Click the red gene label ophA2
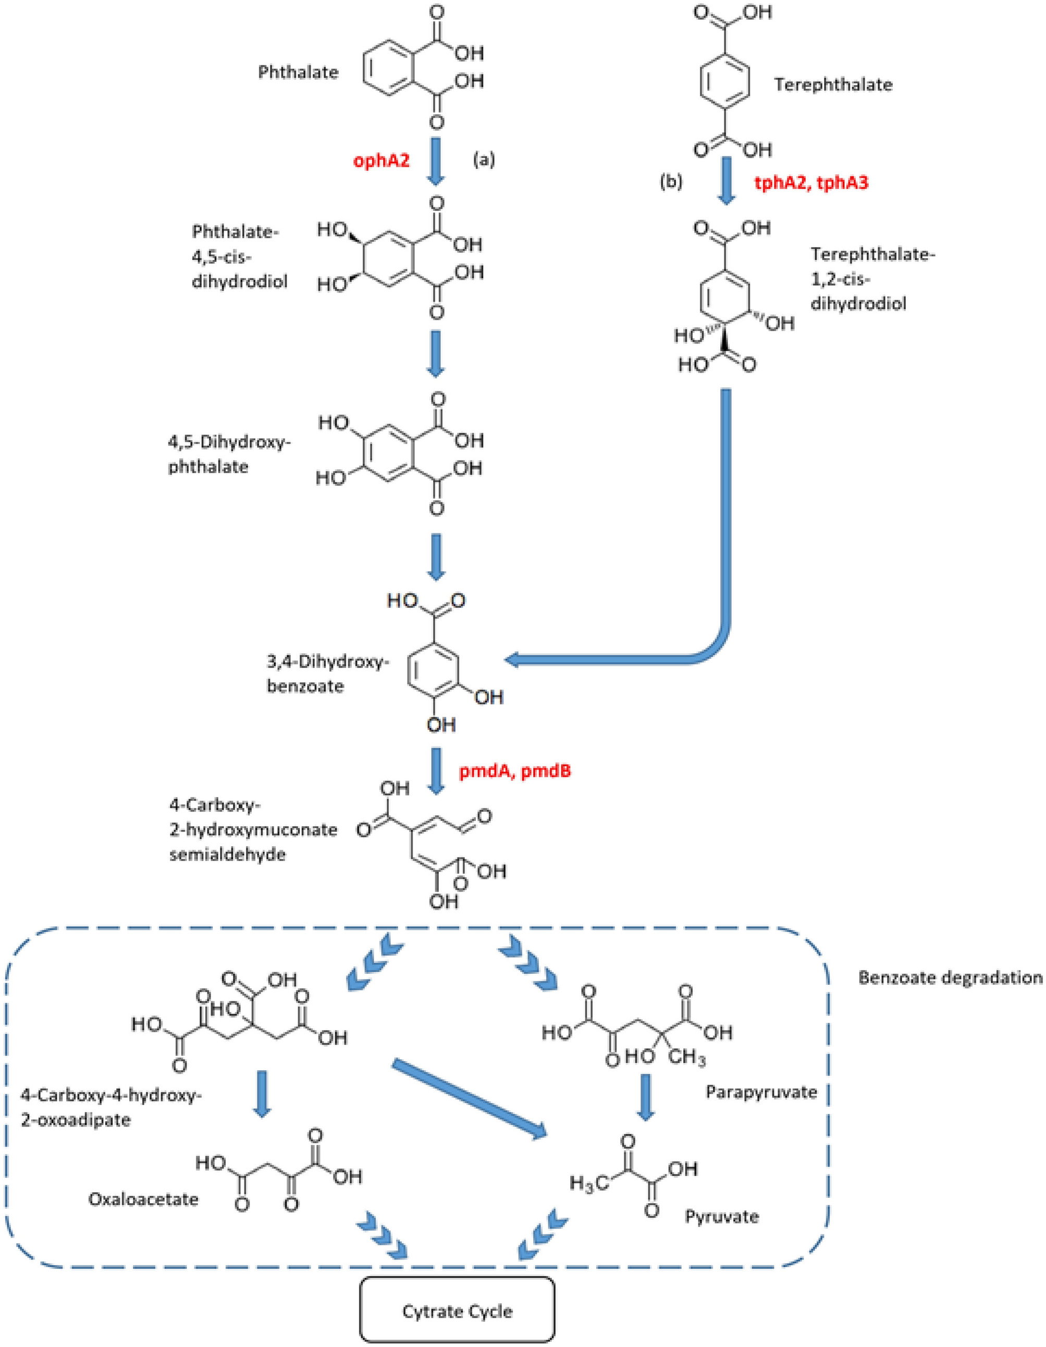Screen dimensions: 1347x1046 point(381,161)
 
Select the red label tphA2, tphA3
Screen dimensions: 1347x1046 point(811,182)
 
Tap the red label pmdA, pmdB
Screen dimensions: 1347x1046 point(515,771)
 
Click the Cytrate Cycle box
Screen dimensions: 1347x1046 point(457,1311)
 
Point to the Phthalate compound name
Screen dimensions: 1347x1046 point(299,72)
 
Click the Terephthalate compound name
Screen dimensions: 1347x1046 point(833,84)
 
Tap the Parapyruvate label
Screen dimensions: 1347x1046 point(761,1092)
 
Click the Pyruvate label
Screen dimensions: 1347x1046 point(722,1216)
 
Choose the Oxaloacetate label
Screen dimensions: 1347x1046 point(144,1199)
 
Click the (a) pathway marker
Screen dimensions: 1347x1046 point(484,161)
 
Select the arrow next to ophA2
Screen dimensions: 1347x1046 point(436,162)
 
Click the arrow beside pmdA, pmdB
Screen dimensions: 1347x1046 point(437,771)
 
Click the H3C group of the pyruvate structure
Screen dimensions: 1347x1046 point(589,1182)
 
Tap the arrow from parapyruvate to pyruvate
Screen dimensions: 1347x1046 point(646,1097)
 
